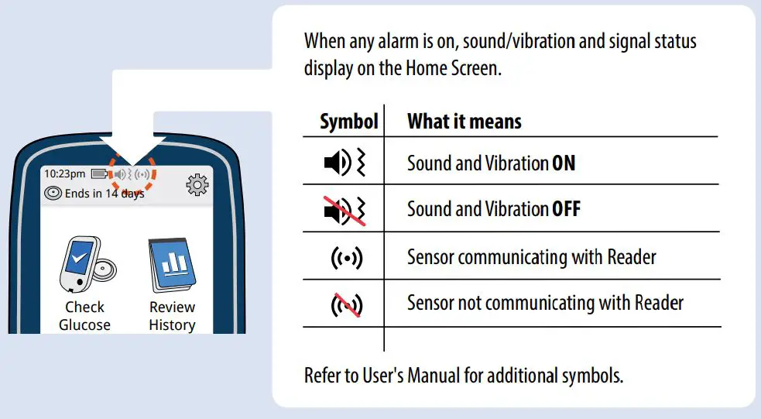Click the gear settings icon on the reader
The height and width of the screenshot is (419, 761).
click(x=198, y=184)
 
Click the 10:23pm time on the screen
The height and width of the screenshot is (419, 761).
click(x=64, y=173)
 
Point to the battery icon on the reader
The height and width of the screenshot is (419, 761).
click(x=99, y=173)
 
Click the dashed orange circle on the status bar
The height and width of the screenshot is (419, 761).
click(x=132, y=174)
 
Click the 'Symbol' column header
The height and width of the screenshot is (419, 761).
click(x=348, y=122)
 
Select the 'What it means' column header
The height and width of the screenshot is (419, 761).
click(x=464, y=122)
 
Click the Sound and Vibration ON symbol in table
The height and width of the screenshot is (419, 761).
click(x=342, y=163)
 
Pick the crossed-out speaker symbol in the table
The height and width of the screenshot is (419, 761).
click(x=342, y=210)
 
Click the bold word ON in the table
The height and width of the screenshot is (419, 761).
click(x=564, y=163)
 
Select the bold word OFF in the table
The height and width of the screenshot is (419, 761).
click(x=566, y=210)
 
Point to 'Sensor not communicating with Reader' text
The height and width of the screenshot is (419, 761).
click(x=545, y=303)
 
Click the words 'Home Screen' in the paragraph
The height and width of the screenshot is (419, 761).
click(x=453, y=68)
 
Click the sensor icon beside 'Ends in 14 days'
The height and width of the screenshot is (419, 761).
click(x=53, y=194)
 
